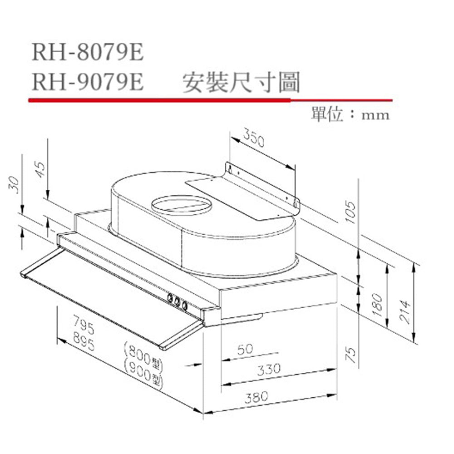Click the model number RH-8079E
pos(88,52)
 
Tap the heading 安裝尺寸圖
pos(241,83)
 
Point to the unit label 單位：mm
pos(350,114)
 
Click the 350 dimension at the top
pos(254,138)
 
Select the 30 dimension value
pos(14,185)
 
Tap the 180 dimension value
pos(377,306)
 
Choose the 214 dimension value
pos(405,312)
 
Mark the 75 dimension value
pos(350,355)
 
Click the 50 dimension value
pos(245,349)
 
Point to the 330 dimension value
pos(269,369)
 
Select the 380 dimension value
pos(257,397)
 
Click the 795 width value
pos(84,325)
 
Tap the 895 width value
pos(84,342)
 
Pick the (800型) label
pos(143,356)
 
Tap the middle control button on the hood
pos(177,301)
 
